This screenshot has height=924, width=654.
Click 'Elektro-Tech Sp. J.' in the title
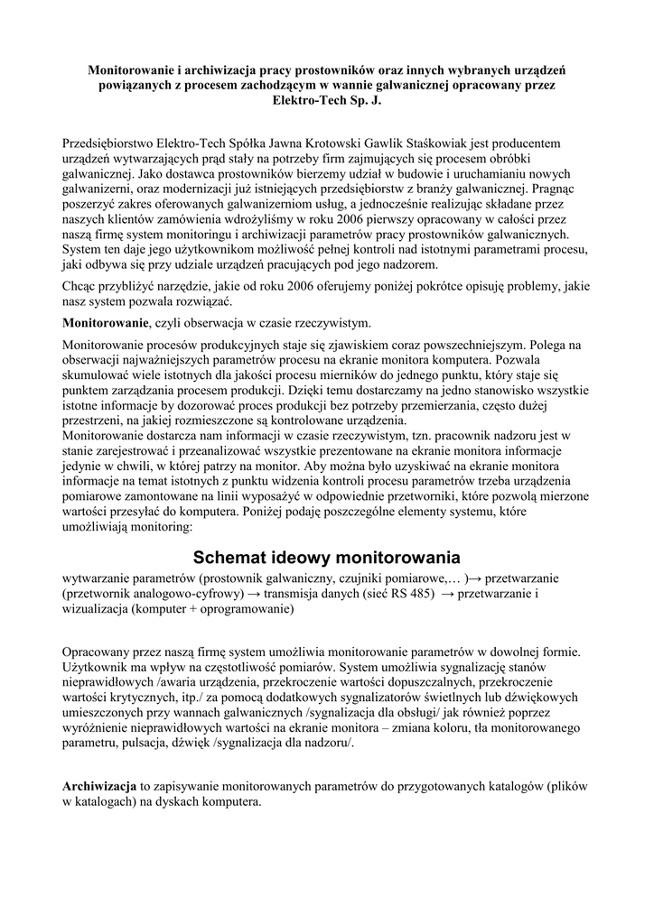(x=327, y=99)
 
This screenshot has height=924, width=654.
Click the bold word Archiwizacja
(x=99, y=786)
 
